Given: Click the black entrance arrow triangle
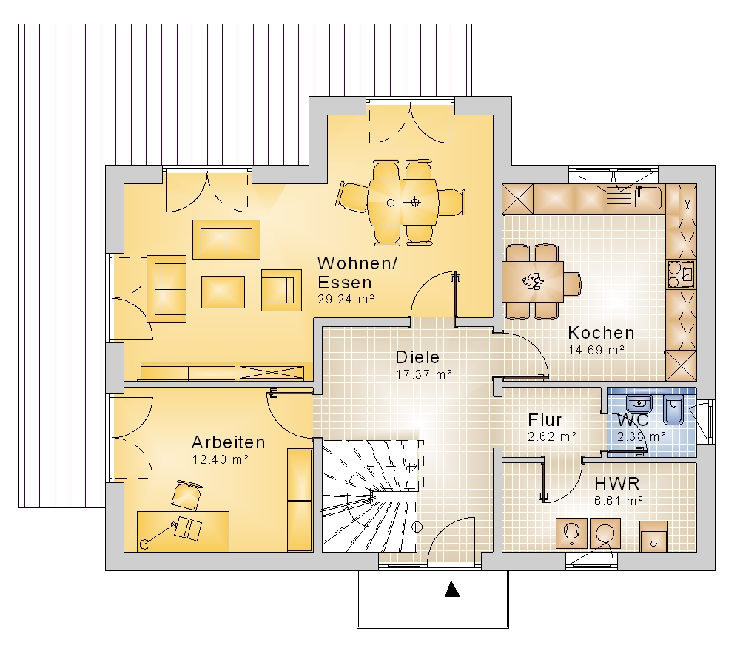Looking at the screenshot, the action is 452,590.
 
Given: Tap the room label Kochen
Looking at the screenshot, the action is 601,333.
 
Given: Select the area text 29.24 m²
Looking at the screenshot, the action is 346,299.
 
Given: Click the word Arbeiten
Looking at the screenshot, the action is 229,442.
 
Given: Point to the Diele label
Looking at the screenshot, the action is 417,357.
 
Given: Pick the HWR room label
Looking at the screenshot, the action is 617,484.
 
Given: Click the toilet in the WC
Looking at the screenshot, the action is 673,409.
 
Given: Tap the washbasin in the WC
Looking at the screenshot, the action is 639,405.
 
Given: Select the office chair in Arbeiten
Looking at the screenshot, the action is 186,495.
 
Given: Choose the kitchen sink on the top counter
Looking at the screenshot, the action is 647,197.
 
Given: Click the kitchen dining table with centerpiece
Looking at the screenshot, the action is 533,282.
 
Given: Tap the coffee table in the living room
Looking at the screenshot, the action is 223,292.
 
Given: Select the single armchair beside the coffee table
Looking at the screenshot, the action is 281,290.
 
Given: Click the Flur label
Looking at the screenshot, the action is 545,420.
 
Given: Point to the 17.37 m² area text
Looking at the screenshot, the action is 424,374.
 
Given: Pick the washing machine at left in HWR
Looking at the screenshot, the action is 571,533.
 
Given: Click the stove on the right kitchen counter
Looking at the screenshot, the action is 680,274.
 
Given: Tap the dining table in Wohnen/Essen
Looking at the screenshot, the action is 403,203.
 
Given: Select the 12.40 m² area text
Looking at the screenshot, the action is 221,459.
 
